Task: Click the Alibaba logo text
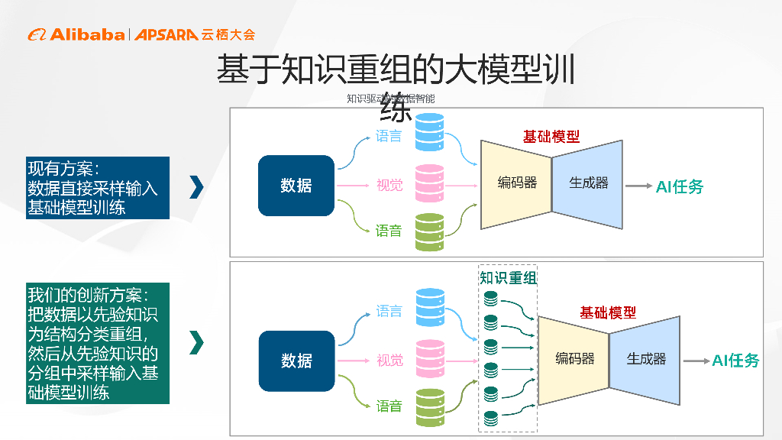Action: click(x=86, y=34)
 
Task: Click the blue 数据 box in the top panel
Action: click(x=296, y=185)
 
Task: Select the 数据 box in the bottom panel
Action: click(x=296, y=361)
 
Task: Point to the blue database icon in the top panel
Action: click(x=429, y=131)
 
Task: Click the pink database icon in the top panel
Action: click(x=429, y=183)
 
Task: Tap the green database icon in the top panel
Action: click(x=429, y=232)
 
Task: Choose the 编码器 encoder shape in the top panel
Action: click(x=516, y=183)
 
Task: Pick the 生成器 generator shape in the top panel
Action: click(x=588, y=183)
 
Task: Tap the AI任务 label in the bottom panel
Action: click(x=735, y=361)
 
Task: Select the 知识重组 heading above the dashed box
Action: click(x=508, y=278)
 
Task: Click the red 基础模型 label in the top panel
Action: click(x=551, y=137)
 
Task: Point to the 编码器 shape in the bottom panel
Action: click(x=574, y=358)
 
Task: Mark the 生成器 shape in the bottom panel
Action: click(x=646, y=359)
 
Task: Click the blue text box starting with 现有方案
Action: click(x=98, y=188)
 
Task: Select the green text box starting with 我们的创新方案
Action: click(x=98, y=344)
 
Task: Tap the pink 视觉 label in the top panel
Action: click(x=389, y=185)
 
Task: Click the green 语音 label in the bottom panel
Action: click(x=389, y=406)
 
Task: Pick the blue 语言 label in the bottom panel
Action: click(x=389, y=311)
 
